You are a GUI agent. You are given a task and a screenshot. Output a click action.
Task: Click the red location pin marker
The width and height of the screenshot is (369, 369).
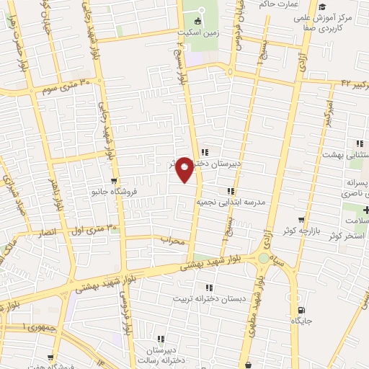[184, 169]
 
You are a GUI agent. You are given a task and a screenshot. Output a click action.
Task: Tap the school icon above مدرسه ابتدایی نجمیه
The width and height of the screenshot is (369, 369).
[231, 191]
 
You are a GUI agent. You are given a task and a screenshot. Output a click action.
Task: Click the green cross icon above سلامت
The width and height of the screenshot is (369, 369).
[367, 209]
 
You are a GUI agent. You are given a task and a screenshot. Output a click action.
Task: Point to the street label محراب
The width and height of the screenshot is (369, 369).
[173, 241]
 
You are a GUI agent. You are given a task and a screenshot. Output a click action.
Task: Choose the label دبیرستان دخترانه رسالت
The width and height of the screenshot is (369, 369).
[160, 352]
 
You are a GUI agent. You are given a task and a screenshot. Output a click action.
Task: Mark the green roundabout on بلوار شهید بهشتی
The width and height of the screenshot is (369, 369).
[264, 257]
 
